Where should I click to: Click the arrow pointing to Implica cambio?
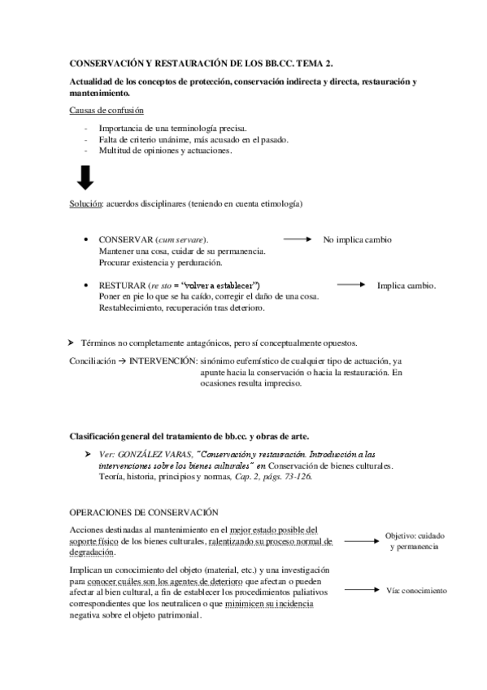click(350, 285)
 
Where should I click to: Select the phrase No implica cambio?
click(357, 241)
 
